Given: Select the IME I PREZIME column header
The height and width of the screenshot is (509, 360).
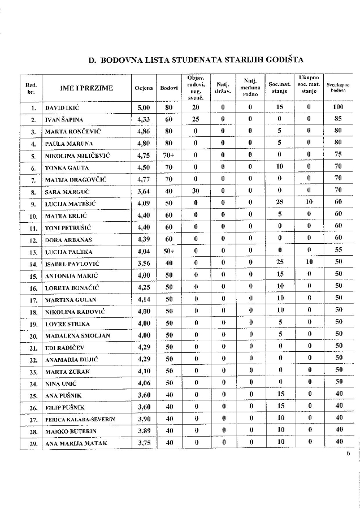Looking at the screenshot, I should [86, 88].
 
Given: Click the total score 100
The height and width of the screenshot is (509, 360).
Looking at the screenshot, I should [338, 107].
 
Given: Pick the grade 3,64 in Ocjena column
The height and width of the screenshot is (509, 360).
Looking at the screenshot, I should [144, 191].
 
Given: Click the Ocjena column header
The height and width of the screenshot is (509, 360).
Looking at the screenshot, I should [144, 88].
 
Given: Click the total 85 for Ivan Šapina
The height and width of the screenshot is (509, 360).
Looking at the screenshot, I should [338, 119].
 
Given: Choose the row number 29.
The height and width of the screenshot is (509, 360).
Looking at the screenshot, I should [33, 444].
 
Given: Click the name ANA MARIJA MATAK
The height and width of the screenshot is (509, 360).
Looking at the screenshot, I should [76, 444].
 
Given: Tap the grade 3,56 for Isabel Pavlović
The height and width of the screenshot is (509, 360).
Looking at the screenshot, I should [144, 263].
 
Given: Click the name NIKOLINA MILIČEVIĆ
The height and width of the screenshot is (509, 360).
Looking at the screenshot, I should [77, 156].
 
